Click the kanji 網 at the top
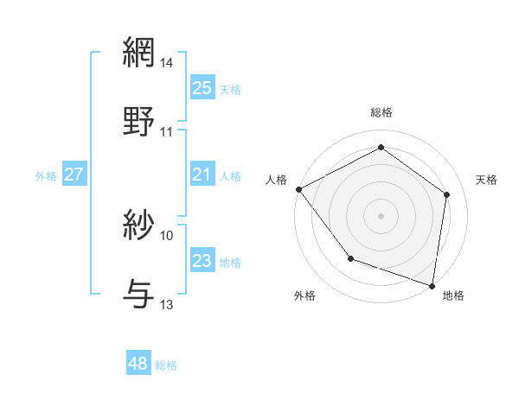click(x=139, y=53)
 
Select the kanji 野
click(x=139, y=121)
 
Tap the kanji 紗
click(x=139, y=226)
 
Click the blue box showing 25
click(x=202, y=87)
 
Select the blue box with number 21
click(x=202, y=174)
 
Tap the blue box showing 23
click(x=202, y=261)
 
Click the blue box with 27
click(x=74, y=174)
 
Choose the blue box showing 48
click(x=138, y=364)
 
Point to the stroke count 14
click(x=167, y=63)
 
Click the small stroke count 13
click(x=167, y=304)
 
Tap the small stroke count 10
click(x=167, y=235)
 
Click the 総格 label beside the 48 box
click(x=166, y=365)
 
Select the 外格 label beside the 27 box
click(x=46, y=175)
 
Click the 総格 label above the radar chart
click(x=381, y=112)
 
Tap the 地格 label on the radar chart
click(x=453, y=295)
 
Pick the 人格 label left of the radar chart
click(x=277, y=179)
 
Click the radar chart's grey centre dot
click(x=381, y=215)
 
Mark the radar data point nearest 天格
click(x=446, y=194)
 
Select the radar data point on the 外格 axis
click(x=350, y=258)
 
